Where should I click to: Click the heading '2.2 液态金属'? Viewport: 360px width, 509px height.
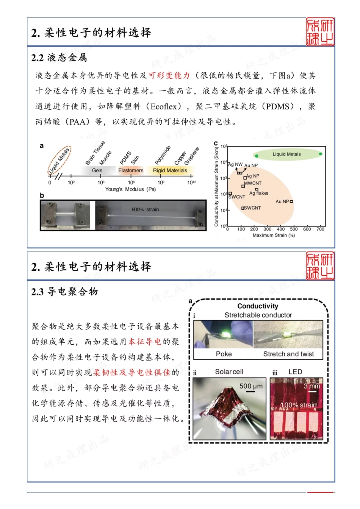[x=59, y=58]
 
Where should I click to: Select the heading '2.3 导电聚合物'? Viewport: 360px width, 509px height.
[x=64, y=292]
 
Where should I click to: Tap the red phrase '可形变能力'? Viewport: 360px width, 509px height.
[x=169, y=75]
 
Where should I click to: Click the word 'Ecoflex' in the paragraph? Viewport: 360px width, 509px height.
[x=163, y=106]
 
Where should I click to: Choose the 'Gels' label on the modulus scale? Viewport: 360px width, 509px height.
[x=97, y=170]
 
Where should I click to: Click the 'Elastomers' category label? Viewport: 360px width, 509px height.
[x=131, y=170]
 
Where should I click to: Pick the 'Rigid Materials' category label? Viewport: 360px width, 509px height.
[x=170, y=170]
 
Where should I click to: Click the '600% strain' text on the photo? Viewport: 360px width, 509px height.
[x=145, y=209]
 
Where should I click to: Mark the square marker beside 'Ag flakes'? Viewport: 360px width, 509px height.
[x=257, y=189]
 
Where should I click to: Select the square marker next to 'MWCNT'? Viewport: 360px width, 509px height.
[x=243, y=186]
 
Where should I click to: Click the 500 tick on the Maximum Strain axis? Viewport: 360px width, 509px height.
[x=294, y=229]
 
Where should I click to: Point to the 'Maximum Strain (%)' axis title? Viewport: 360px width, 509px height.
[x=274, y=236]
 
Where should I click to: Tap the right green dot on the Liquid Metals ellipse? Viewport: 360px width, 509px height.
[x=321, y=154]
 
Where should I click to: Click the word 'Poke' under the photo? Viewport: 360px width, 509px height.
[x=224, y=354]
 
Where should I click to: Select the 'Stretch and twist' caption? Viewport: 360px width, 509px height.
[x=288, y=354]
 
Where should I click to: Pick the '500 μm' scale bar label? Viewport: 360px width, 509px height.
[x=251, y=386]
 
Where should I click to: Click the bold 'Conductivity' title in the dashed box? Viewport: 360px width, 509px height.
[x=258, y=306]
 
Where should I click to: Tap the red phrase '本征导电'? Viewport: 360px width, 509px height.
[x=145, y=342]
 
